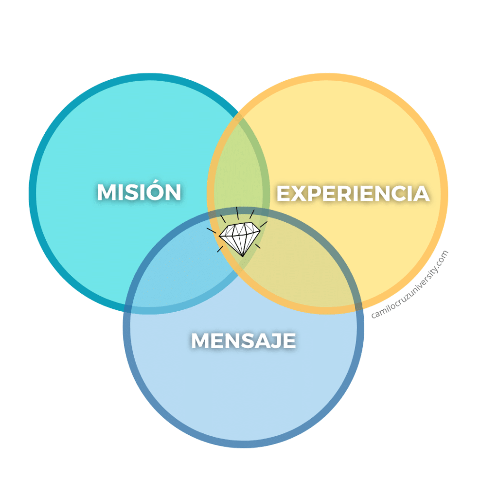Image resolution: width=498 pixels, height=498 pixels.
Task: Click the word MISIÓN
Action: pos(139,192)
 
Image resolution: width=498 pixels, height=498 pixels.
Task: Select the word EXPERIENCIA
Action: pos(353,194)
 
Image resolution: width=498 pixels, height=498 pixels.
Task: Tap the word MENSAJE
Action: pos(244,340)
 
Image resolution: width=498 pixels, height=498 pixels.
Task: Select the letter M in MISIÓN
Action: pos(107,192)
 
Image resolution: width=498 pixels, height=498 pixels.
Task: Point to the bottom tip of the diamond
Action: pos(242,256)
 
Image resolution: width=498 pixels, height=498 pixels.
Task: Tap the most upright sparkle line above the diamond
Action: pos(237,213)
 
